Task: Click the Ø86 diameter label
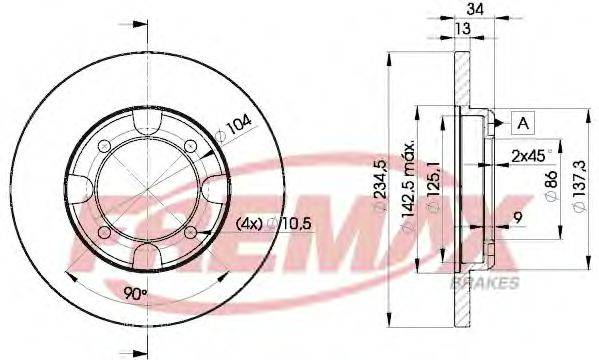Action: (549, 188)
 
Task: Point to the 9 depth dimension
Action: (518, 215)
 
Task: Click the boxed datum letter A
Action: (523, 123)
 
